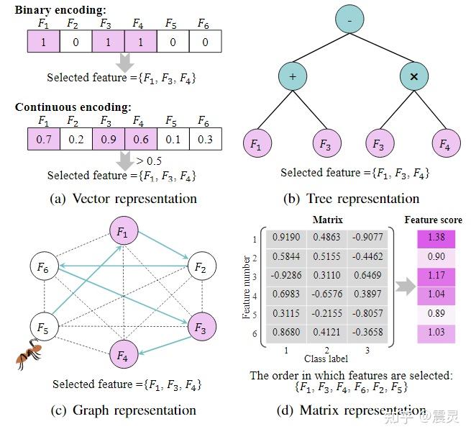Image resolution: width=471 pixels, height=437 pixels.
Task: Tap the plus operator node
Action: pyautogui.click(x=293, y=76)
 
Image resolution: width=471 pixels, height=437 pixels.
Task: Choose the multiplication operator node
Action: pyautogui.click(x=414, y=76)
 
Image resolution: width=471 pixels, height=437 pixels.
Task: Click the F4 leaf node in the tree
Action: pyautogui.click(x=446, y=143)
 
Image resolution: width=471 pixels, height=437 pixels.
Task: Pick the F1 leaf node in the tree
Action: pyautogui.click(x=257, y=143)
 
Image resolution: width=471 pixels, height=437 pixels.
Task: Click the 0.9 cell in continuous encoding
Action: pyautogui.click(x=109, y=139)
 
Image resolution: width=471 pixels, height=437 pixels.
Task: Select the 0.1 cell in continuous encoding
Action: pyautogui.click(x=173, y=139)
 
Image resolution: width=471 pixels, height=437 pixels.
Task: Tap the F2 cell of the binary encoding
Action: pyautogui.click(x=76, y=41)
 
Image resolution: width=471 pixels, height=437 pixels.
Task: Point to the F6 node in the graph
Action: pyautogui.click(x=45, y=266)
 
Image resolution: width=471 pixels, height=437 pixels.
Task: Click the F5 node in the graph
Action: pyautogui.click(x=45, y=327)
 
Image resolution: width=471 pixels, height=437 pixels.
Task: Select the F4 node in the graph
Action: pyautogui.click(x=124, y=354)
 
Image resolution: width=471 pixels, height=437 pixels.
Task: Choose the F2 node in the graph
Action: pyautogui.click(x=202, y=266)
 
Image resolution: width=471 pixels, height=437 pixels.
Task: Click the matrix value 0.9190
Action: pyautogui.click(x=286, y=238)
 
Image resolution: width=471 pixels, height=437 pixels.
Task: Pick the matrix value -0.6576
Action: pyautogui.click(x=326, y=294)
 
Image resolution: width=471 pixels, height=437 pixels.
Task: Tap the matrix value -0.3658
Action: pyautogui.click(x=367, y=332)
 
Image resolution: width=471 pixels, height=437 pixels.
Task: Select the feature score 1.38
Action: pyautogui.click(x=436, y=238)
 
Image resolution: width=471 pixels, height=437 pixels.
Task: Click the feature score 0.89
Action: pyautogui.click(x=436, y=313)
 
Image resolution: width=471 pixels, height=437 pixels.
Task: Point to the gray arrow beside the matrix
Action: pyautogui.click(x=406, y=287)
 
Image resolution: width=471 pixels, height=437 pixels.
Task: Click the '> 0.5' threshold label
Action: pyautogui.click(x=149, y=161)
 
